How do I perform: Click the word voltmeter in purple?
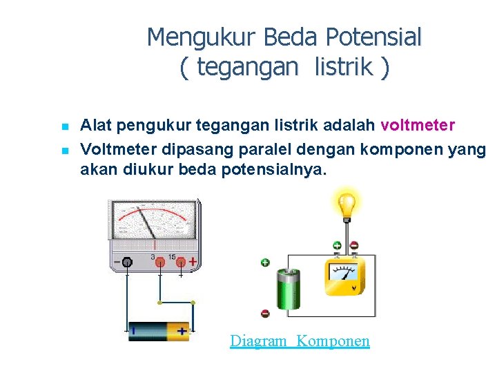click(418, 126)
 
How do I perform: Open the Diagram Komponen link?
click(300, 341)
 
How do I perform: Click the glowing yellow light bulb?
click(345, 204)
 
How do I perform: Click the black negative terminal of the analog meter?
click(127, 262)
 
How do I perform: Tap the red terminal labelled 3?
click(159, 262)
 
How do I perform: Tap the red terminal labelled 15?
click(180, 262)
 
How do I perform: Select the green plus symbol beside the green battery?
click(265, 262)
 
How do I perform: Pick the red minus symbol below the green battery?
click(265, 313)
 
